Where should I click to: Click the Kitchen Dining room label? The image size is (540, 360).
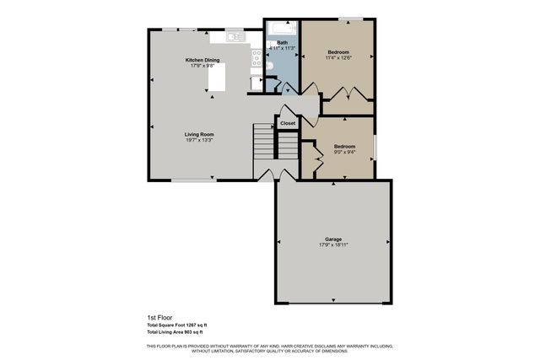202,61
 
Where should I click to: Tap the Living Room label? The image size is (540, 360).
199,134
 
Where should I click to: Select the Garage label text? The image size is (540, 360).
333,239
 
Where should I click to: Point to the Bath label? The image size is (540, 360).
282,42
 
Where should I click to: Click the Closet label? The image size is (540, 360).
288,123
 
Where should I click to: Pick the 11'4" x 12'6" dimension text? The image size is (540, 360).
338,57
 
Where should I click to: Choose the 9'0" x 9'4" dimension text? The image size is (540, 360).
344,152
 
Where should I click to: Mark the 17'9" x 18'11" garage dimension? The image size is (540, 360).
333,245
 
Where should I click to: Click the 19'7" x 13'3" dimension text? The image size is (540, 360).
199,140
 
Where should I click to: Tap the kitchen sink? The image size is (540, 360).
236,37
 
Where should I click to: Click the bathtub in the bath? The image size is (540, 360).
278,30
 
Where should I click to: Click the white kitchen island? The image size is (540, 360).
219,79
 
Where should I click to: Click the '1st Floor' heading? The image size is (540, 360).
159,318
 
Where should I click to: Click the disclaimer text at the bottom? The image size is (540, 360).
269,348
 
